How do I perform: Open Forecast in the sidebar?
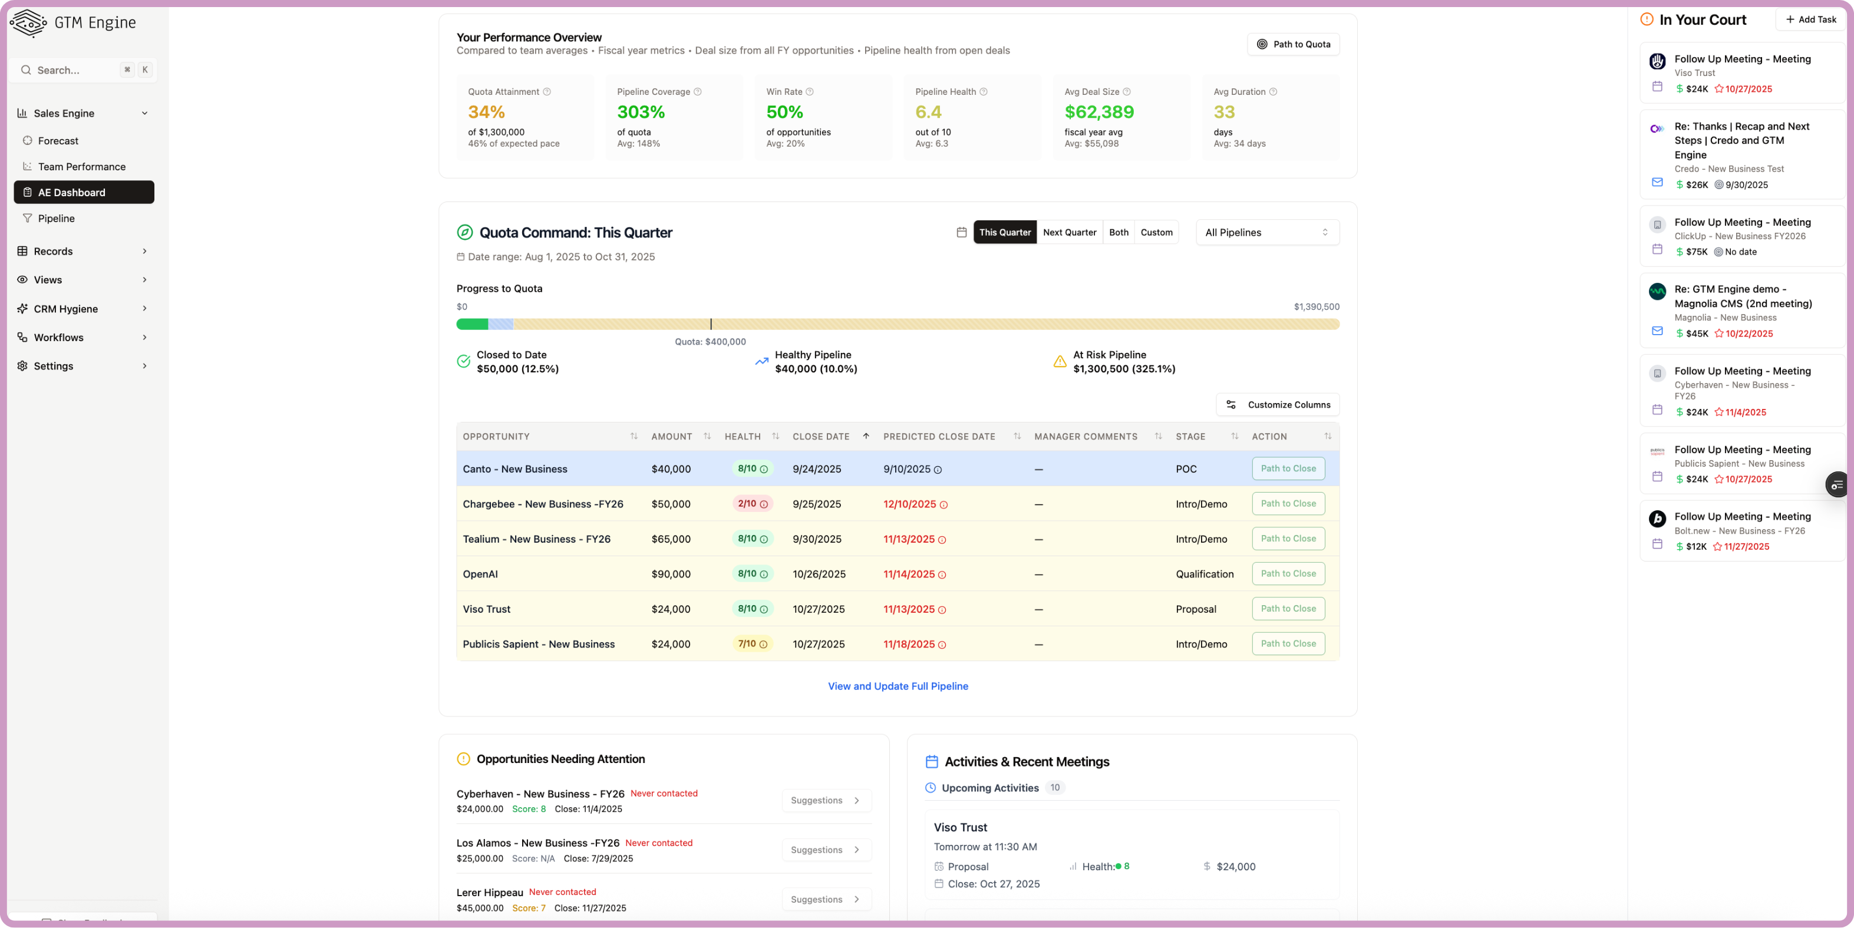pos(58,141)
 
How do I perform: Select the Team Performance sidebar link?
pos(81,167)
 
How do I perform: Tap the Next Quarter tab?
pos(1070,232)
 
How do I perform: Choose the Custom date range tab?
pos(1156,232)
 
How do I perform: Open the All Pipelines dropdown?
pos(1266,232)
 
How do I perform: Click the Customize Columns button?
pos(1278,405)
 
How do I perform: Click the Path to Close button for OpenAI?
pos(1288,574)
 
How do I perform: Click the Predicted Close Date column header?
pos(939,437)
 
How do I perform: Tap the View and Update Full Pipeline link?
pos(898,686)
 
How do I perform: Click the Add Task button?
pos(1810,19)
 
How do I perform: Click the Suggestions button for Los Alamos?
pos(826,850)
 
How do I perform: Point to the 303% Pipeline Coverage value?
pos(641,112)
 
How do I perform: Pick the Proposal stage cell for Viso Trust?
pos(1196,609)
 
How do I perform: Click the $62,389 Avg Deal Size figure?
pos(1098,112)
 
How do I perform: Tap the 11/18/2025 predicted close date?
pos(909,645)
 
